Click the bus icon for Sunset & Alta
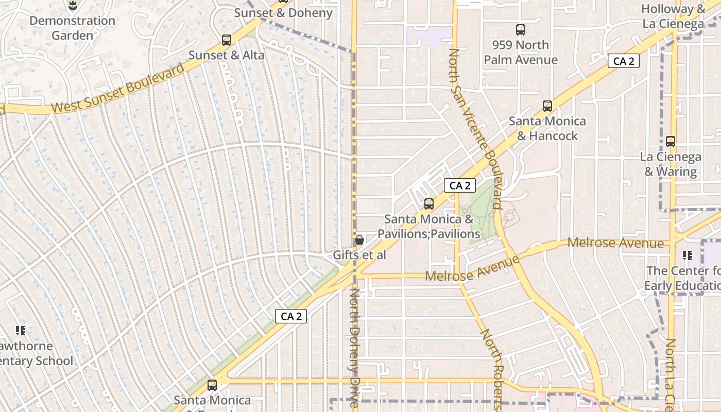pyautogui.click(x=226, y=40)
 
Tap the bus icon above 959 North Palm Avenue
pyautogui.click(x=521, y=30)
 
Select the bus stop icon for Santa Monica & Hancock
pyautogui.click(x=547, y=106)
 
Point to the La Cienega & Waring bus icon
pyautogui.click(x=671, y=142)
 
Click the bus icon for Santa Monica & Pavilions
pyautogui.click(x=429, y=204)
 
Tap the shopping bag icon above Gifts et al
pyautogui.click(x=359, y=240)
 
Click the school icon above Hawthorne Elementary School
pyautogui.click(x=21, y=330)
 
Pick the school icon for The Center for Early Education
pyautogui.click(x=687, y=255)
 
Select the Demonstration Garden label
pyautogui.click(x=72, y=28)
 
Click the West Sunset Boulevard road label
pyautogui.click(x=118, y=89)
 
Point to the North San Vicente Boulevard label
pyautogui.click(x=474, y=129)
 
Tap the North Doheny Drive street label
pyautogui.click(x=355, y=348)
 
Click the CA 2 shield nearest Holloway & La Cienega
pyautogui.click(x=624, y=61)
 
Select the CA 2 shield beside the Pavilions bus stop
pyautogui.click(x=460, y=185)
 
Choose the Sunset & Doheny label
pyautogui.click(x=283, y=13)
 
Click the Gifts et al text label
pyautogui.click(x=359, y=255)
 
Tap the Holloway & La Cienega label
pyautogui.click(x=674, y=16)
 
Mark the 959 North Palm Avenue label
pyautogui.click(x=521, y=53)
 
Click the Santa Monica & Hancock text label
pyautogui.click(x=547, y=129)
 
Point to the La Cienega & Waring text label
pyautogui.click(x=671, y=164)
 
